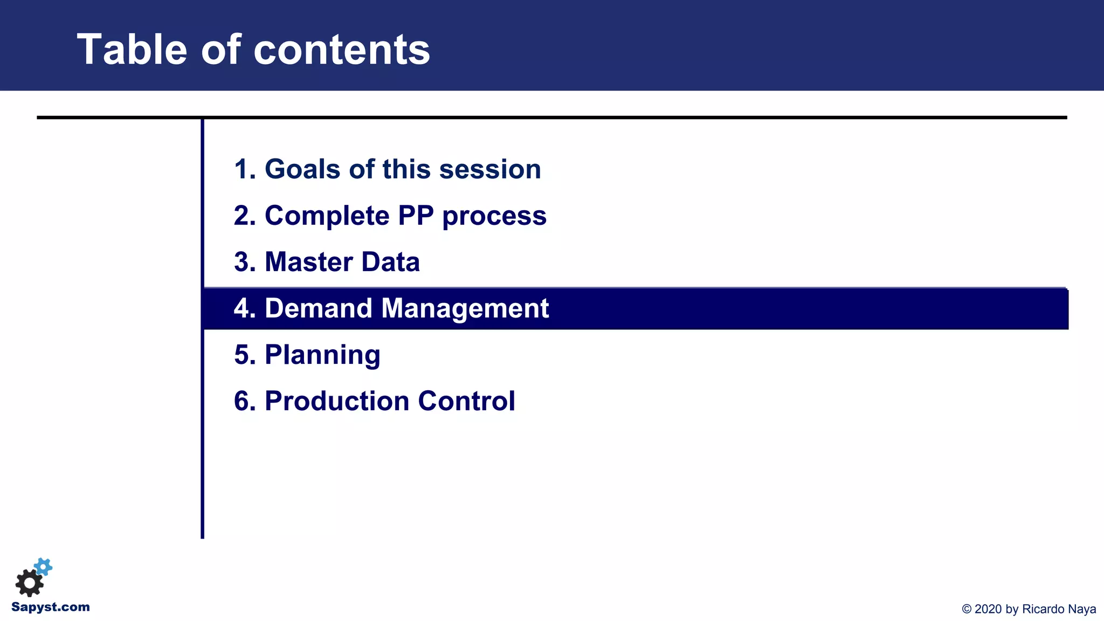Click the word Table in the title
pyautogui.click(x=132, y=50)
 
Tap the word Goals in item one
pyautogui.click(x=302, y=169)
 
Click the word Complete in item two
pyautogui.click(x=327, y=216)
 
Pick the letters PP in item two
pyautogui.click(x=416, y=216)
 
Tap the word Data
pyautogui.click(x=390, y=262)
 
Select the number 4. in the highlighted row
pyautogui.click(x=244, y=308)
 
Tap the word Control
pyautogui.click(x=466, y=401)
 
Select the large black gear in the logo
pyautogui.click(x=29, y=583)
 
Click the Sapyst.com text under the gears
pyautogui.click(x=51, y=607)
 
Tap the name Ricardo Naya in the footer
pyautogui.click(x=1059, y=609)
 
